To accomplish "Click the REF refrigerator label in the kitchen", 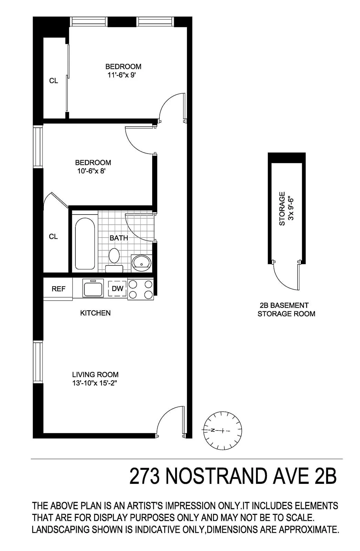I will (58, 289).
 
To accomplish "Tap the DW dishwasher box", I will (118, 289).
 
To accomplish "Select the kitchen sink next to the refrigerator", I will (93, 288).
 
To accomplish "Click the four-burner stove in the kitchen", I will (140, 289).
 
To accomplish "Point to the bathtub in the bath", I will (85, 243).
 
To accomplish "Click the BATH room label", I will (119, 238).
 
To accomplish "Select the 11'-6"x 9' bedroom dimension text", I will (119, 75).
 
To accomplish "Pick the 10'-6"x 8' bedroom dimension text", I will (91, 171).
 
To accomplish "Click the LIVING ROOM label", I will (95, 374).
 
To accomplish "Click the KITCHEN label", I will (95, 313).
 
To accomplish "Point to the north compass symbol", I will (222, 430).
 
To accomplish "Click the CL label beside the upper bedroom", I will (54, 81).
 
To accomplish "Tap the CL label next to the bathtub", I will (53, 237).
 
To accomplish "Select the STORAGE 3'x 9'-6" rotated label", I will (286, 208).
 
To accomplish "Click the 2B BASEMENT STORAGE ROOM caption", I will (286, 309).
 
